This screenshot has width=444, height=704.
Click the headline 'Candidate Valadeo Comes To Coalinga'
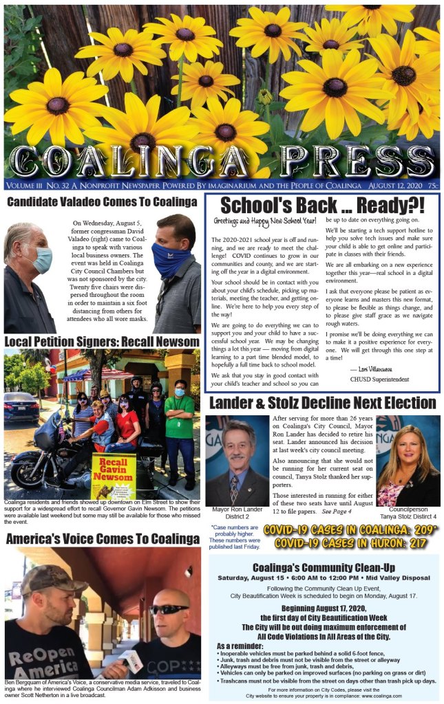pos(102,201)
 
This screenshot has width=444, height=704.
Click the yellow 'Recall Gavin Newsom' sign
pos(113,474)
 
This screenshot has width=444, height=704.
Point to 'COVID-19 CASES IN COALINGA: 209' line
pos(350,530)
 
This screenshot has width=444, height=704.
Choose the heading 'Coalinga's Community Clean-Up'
pos(323,567)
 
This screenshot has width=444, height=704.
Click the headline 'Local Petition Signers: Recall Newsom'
pos(102,342)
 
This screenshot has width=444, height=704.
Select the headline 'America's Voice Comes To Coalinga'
pos(102,539)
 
